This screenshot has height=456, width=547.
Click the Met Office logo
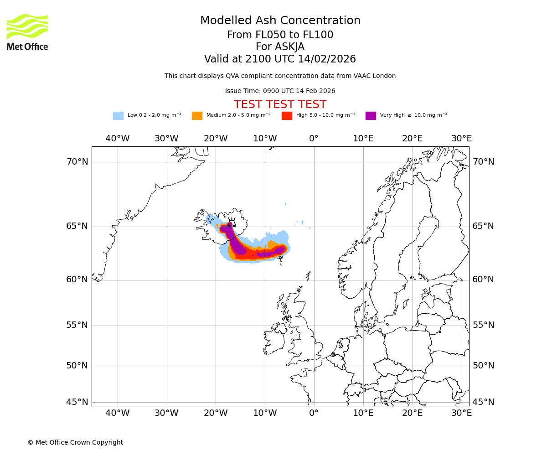27,32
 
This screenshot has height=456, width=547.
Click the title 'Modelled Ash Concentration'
280,21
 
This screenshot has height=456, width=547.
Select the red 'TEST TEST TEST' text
280,104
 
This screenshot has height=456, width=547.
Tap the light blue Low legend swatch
118,116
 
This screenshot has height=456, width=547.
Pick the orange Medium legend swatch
197,116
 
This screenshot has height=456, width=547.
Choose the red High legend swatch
287,116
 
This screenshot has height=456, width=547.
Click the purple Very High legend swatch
371,116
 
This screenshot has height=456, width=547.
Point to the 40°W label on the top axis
118,139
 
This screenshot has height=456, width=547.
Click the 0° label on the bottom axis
314,413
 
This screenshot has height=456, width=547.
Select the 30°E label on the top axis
461,139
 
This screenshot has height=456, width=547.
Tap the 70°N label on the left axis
77,162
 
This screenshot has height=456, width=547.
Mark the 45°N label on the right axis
483,402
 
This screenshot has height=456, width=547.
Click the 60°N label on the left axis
77,280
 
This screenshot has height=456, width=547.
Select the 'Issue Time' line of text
280,91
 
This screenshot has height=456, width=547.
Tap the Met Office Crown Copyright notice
75,443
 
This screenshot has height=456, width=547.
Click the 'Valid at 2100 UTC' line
280,59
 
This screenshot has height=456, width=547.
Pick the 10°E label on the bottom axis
363,413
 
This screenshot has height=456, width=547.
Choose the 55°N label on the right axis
483,325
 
